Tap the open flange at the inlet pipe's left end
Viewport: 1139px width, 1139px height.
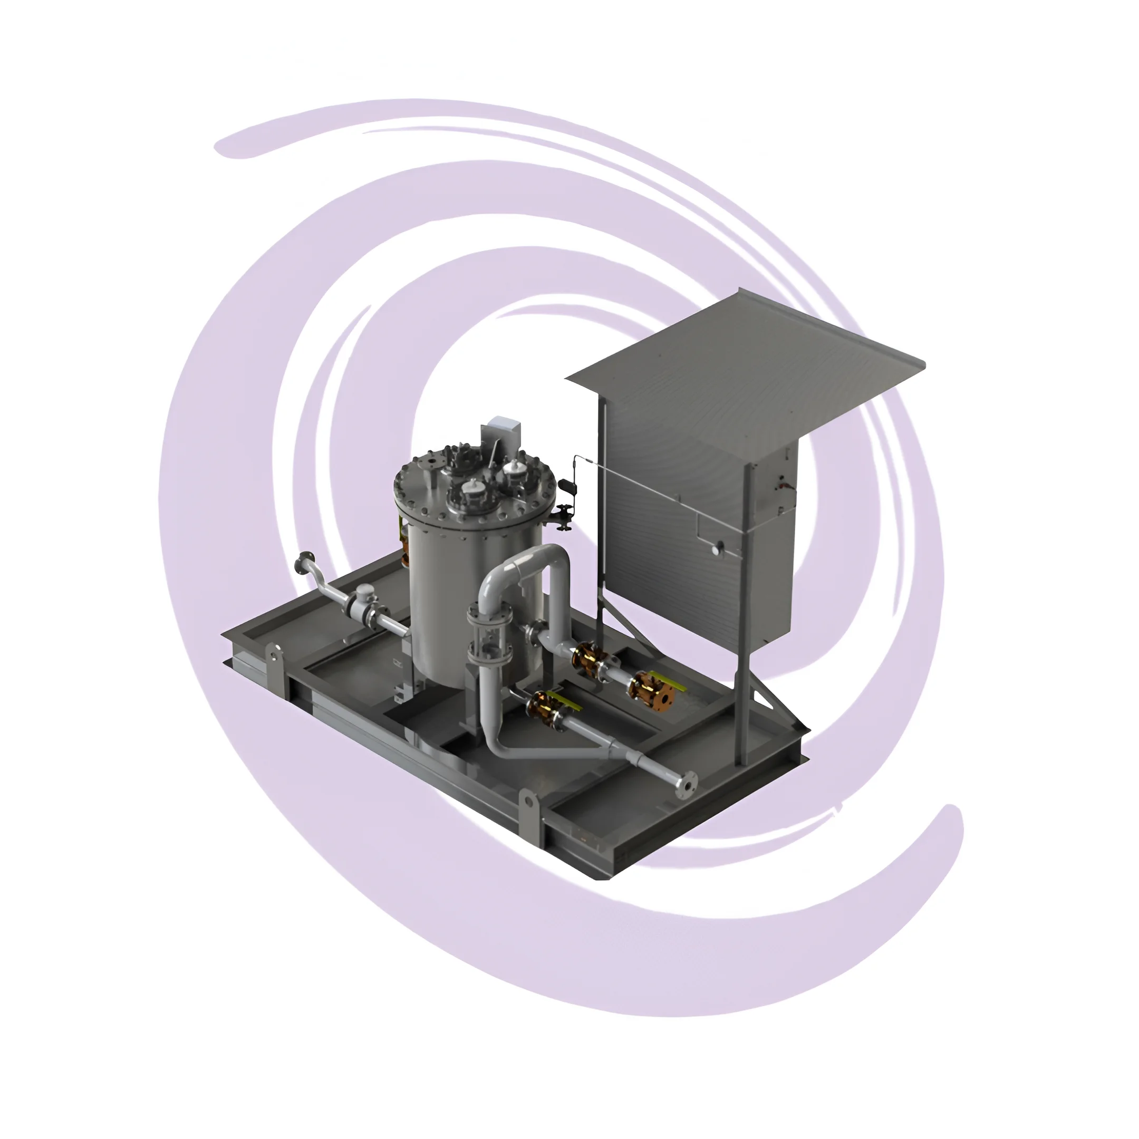(x=305, y=563)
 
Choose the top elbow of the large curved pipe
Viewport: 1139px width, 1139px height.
(x=548, y=557)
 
